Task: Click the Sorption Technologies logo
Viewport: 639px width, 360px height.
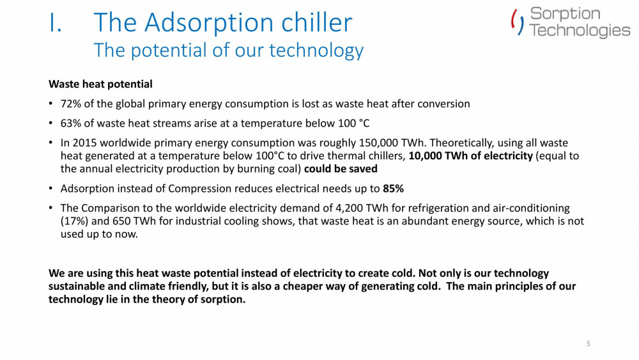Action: coord(570,22)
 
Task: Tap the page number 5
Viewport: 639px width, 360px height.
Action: coord(589,344)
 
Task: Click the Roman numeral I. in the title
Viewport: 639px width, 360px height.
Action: coord(59,24)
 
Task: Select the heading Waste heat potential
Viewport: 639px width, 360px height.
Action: coord(100,84)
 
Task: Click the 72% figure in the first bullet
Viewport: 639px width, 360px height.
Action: coord(70,104)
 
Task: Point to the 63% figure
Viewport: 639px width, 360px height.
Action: coord(70,123)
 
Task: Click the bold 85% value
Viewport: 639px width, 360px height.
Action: coord(393,189)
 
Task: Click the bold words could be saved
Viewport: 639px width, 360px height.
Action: coord(341,169)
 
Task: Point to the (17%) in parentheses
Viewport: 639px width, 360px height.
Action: coord(73,221)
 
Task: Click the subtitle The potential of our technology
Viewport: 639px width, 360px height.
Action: coord(228,50)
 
